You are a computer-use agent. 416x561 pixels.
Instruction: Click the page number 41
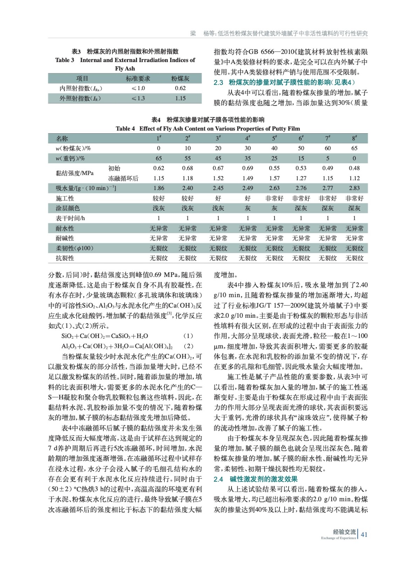click(364, 534)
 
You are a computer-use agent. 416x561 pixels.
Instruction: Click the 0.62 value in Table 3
click(180, 88)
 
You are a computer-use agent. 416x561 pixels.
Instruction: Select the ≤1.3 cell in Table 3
click(138, 99)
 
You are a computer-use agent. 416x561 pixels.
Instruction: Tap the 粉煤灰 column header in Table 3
click(180, 79)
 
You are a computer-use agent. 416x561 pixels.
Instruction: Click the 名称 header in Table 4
click(62, 138)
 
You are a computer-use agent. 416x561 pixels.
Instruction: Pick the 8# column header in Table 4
click(354, 138)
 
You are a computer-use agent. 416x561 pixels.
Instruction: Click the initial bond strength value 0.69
click(247, 168)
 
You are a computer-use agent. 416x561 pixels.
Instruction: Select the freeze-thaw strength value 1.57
click(274, 178)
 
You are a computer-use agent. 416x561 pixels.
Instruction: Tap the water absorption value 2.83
click(354, 188)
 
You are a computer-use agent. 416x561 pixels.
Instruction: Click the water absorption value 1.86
click(159, 188)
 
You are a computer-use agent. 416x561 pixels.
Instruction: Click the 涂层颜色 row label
click(68, 208)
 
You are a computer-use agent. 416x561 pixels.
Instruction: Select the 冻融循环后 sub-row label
click(123, 178)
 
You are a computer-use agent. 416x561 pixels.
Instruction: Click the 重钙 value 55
click(187, 158)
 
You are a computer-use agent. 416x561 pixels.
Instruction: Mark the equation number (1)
click(188, 336)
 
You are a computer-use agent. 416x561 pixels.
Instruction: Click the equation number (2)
click(188, 346)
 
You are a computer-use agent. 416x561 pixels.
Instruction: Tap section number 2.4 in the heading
click(218, 479)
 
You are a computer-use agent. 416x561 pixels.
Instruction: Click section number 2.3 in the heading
click(218, 82)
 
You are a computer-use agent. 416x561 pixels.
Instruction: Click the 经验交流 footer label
click(344, 532)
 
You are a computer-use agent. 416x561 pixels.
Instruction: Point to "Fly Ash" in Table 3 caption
click(125, 69)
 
